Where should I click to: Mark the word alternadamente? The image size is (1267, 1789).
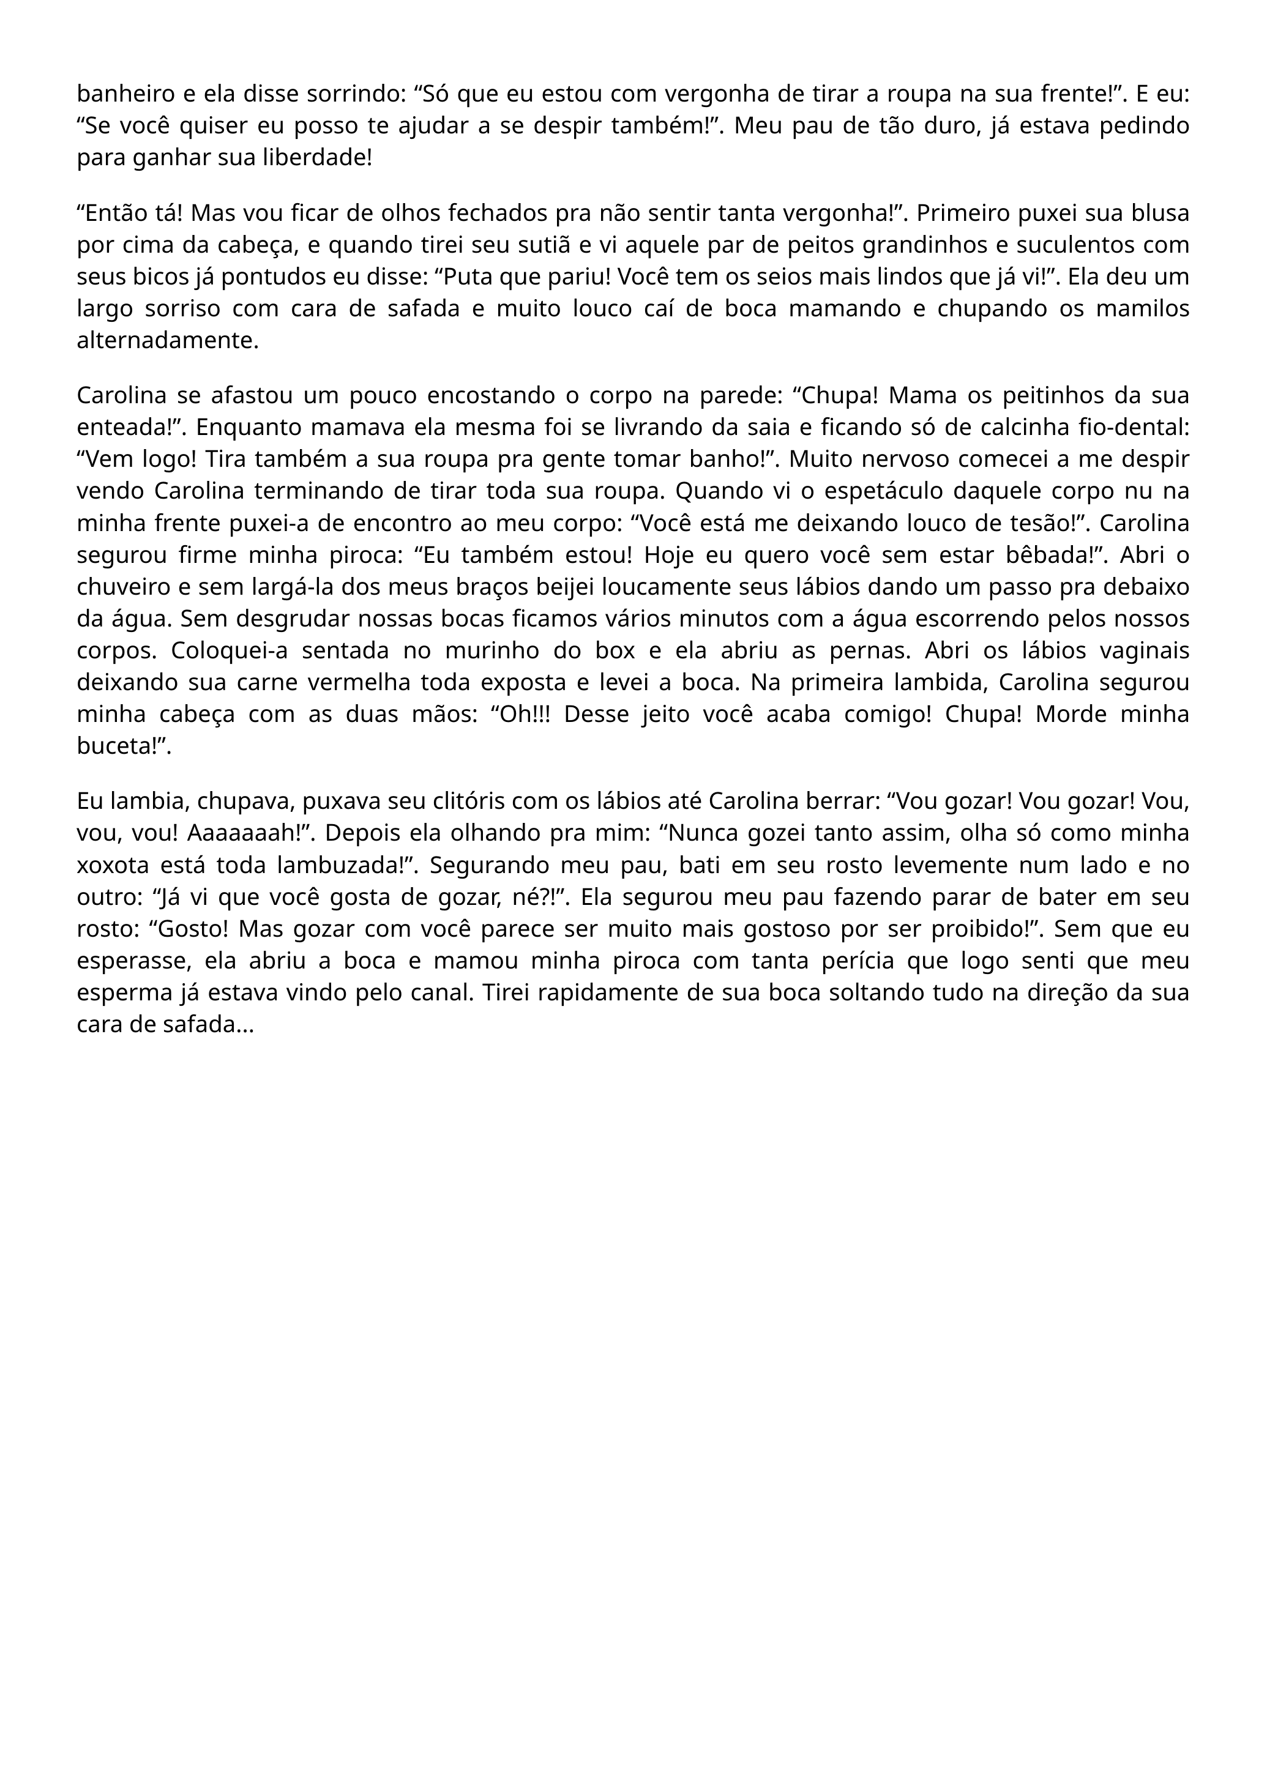coord(167,341)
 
